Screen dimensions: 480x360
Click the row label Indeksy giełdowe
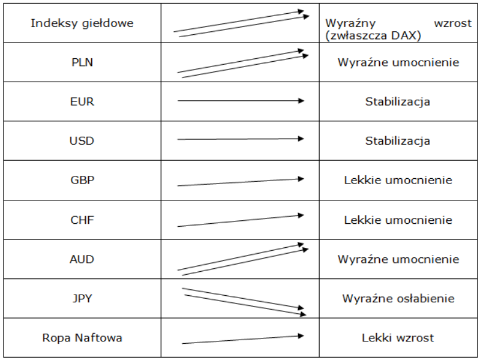[82, 23]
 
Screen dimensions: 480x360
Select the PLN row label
[82, 62]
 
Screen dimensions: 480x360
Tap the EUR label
[82, 101]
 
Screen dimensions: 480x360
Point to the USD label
[82, 141]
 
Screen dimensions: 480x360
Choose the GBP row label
[82, 180]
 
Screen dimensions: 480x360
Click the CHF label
[82, 220]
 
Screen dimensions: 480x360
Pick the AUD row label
[82, 259]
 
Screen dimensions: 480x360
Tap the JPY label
[82, 298]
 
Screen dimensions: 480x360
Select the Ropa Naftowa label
[82, 338]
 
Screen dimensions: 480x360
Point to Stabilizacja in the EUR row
[398, 101]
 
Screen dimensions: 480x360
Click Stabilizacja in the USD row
[398, 141]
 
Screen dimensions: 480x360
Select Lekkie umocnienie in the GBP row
[398, 180]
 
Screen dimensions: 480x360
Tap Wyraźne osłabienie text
[398, 298]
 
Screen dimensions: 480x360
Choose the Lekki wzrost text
[398, 338]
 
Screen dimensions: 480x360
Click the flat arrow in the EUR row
[241, 101]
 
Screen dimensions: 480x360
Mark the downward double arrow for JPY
[244, 302]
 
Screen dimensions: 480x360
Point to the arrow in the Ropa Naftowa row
[243, 340]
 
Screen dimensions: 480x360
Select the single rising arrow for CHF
[241, 221]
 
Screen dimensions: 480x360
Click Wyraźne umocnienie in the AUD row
[398, 259]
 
